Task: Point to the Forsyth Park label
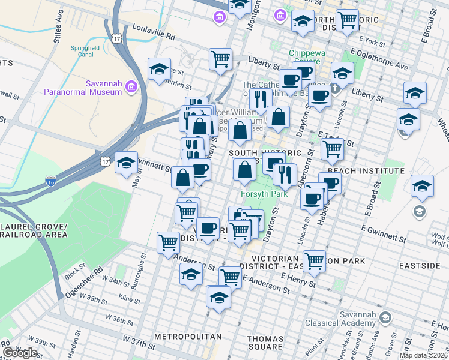(264, 194)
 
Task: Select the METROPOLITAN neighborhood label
(188, 337)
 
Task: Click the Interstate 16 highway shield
(52, 180)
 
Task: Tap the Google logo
(20, 353)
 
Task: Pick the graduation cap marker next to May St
(126, 163)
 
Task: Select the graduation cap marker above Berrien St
(159, 70)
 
